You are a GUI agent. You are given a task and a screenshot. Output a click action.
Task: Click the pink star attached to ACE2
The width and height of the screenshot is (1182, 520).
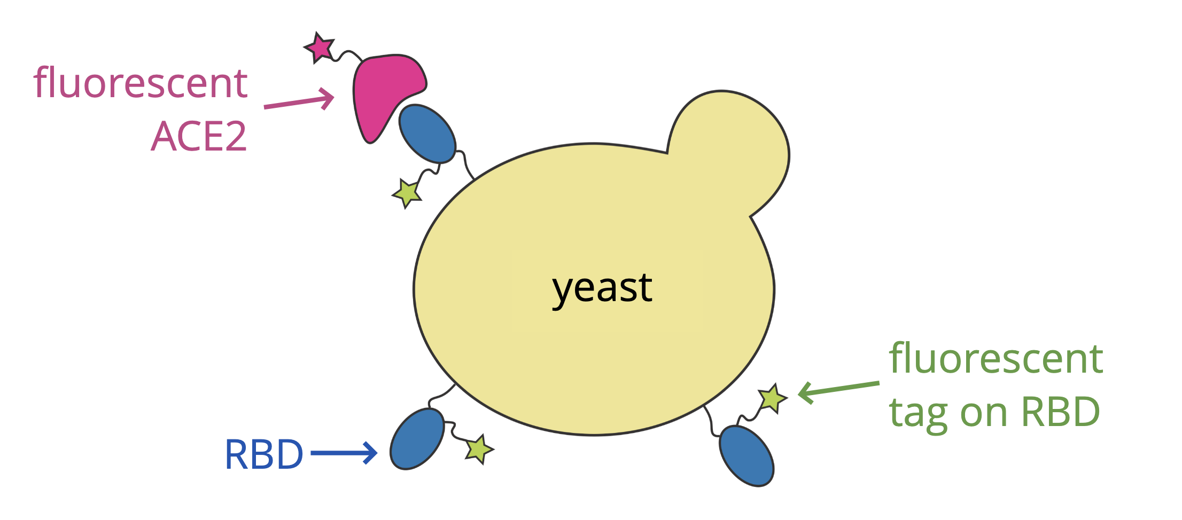(x=320, y=48)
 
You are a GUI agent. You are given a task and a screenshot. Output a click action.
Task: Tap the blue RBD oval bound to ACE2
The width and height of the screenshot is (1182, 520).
(x=427, y=133)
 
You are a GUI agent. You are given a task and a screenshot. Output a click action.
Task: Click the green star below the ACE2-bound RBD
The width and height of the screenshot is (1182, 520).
(x=408, y=193)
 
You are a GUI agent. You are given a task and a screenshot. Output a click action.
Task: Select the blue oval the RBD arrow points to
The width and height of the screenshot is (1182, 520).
(x=417, y=439)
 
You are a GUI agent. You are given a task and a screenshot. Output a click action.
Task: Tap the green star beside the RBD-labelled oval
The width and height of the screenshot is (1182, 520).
(x=479, y=448)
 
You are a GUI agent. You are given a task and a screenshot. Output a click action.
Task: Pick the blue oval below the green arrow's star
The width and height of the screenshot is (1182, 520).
(x=746, y=455)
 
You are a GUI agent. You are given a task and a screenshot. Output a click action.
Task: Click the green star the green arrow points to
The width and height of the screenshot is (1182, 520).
(x=773, y=398)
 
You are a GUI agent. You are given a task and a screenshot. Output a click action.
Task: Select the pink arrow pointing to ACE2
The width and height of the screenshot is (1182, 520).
(x=299, y=101)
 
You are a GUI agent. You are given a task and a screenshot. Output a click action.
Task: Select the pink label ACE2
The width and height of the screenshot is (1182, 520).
(x=199, y=137)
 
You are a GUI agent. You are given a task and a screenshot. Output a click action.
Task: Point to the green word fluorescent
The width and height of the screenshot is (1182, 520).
(x=996, y=358)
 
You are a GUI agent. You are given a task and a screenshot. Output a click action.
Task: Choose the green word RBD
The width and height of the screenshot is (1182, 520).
(x=1060, y=412)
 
